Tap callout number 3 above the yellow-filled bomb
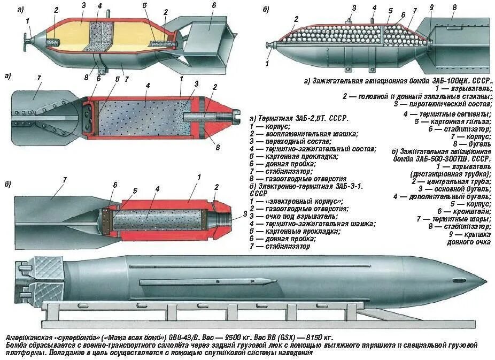(83, 5)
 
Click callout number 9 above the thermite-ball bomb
(431, 7)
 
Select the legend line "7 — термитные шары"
(453, 219)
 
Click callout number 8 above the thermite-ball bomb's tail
(454, 8)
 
